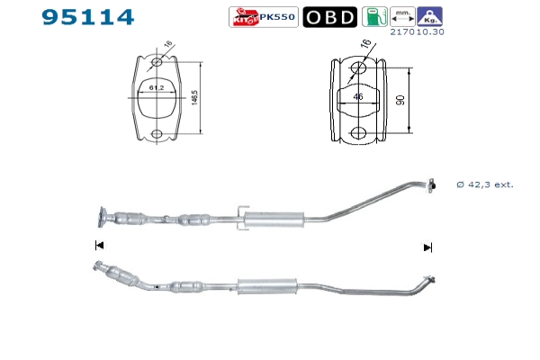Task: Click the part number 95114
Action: [88, 17]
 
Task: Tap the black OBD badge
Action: [330, 17]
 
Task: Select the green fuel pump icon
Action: [374, 16]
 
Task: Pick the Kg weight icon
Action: [430, 16]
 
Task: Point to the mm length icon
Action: [402, 16]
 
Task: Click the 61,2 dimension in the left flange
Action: [157, 88]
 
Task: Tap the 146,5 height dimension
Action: [194, 98]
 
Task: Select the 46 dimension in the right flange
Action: [358, 96]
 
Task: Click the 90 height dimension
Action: [400, 100]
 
